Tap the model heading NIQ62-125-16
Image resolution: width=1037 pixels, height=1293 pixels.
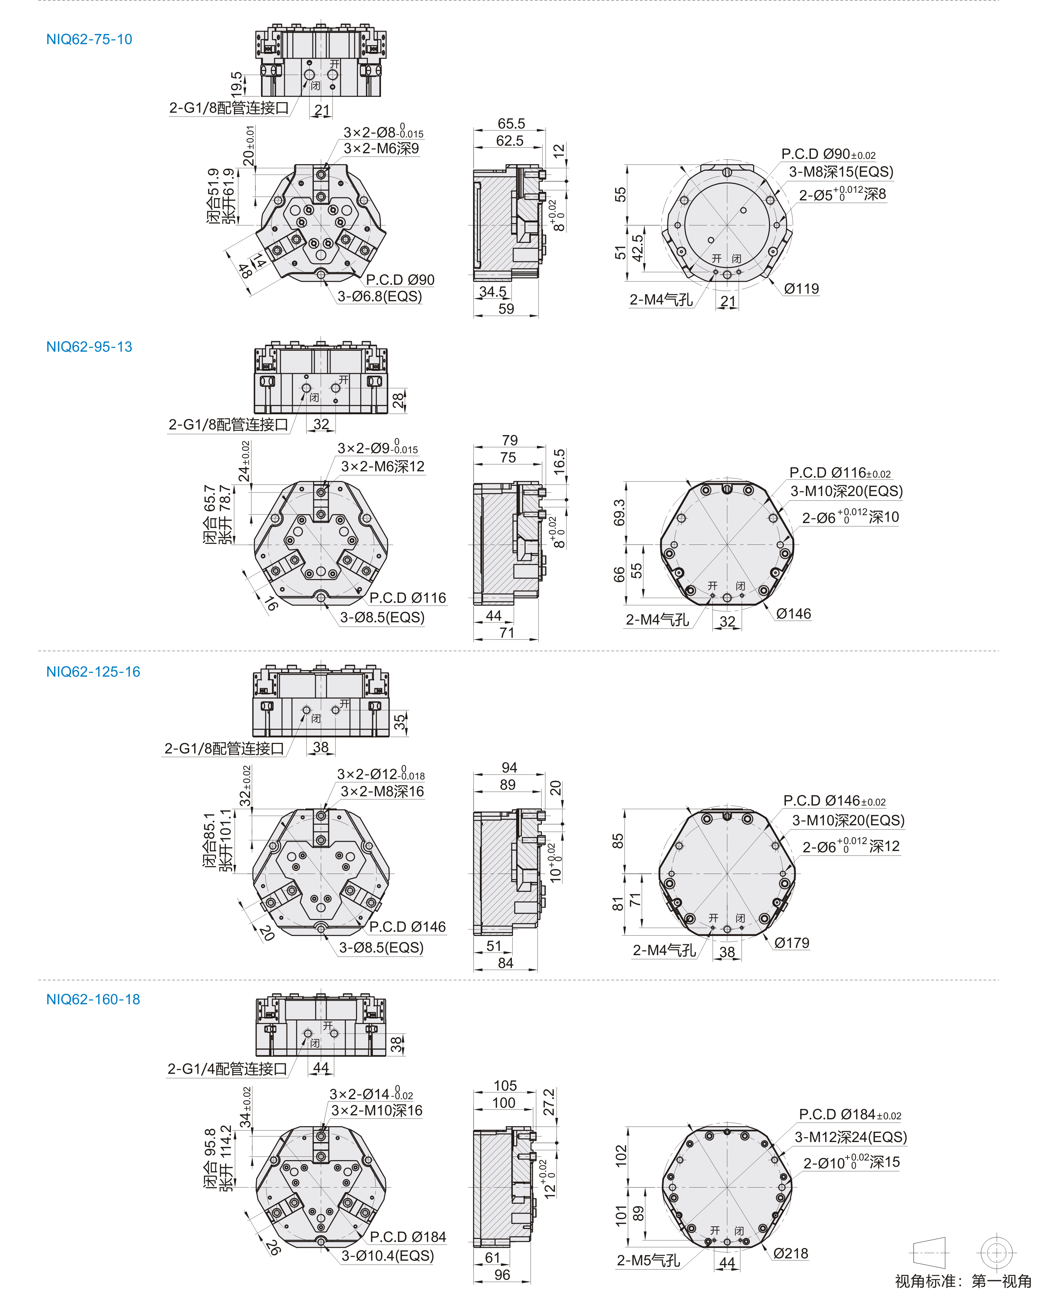coord(93,672)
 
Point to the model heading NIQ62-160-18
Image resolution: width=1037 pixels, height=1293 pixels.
coord(93,999)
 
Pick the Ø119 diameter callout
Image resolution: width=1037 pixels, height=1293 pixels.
coord(801,288)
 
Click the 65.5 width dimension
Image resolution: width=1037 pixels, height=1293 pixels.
coord(511,124)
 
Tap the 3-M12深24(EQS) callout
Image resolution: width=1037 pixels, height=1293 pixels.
coord(850,1137)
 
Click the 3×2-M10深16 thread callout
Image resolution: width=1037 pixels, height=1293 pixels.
coord(377,1111)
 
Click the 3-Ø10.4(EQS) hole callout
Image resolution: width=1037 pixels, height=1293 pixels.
coord(387,1256)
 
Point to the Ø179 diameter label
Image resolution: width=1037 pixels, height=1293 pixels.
coord(792,943)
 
